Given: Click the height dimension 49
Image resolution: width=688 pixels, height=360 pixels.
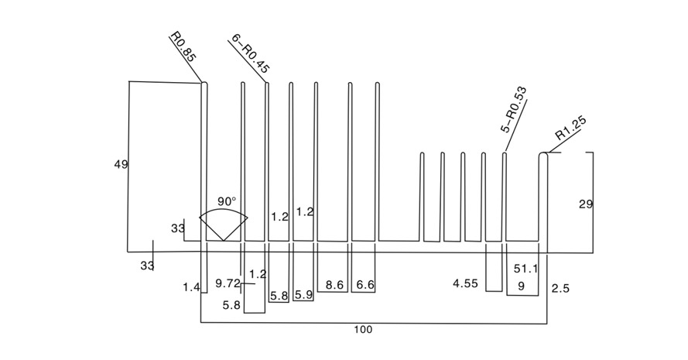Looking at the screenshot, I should [121, 164].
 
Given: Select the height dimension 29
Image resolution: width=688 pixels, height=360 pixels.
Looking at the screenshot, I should [586, 204].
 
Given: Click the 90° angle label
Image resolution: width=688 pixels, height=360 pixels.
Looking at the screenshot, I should [226, 201].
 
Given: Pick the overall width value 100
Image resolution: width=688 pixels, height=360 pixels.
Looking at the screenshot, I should [363, 330].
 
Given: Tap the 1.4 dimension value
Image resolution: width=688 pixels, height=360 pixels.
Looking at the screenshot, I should [191, 287].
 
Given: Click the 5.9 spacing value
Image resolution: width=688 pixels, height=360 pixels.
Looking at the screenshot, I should [304, 295].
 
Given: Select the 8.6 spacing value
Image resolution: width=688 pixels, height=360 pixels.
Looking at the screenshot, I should [335, 286].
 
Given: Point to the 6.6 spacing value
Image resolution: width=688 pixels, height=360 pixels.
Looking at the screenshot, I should [365, 286].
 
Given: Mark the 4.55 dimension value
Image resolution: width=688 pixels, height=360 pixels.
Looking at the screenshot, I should [466, 283].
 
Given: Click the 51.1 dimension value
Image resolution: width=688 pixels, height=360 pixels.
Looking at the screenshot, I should [526, 269].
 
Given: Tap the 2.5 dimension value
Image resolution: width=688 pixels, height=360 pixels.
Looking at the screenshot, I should [561, 289].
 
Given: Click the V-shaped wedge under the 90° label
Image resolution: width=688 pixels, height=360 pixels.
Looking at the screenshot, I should [224, 228].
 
